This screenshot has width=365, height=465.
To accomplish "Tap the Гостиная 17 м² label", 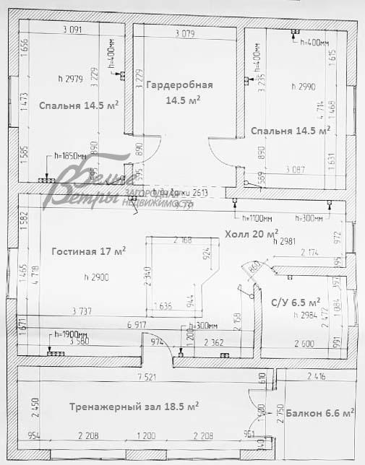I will [89, 252].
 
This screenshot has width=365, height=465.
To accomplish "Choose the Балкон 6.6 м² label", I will [319, 413].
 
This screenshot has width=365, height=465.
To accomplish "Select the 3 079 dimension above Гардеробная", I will [186, 33].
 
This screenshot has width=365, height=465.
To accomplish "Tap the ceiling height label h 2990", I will [304, 87].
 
